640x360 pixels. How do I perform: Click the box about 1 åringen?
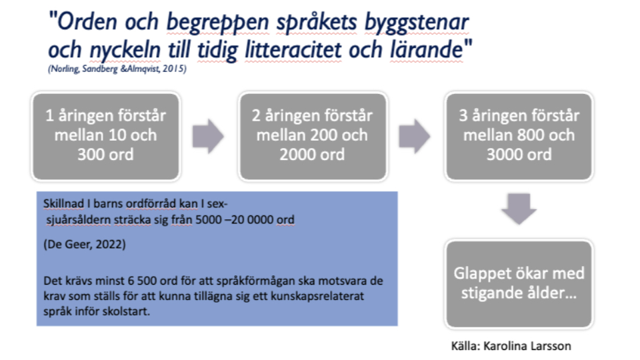104,135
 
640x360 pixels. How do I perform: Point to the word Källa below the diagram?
465,346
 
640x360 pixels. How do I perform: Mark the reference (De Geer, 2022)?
84,245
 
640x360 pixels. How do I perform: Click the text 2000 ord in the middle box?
312,154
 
